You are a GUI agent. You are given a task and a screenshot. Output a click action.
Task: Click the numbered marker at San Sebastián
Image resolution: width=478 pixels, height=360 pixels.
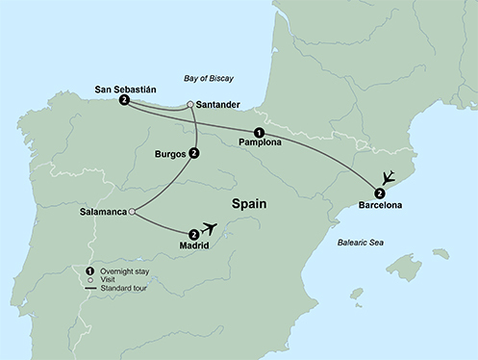click(124, 100)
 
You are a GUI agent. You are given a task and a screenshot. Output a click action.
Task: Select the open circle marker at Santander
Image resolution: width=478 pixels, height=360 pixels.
click(190, 105)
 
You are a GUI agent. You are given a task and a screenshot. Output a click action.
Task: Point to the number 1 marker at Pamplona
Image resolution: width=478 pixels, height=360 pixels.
click(259, 132)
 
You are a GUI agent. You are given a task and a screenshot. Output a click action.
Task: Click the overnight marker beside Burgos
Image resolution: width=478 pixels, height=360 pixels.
click(194, 152)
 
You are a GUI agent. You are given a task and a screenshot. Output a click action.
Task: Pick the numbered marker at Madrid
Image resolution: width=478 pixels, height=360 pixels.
click(194, 233)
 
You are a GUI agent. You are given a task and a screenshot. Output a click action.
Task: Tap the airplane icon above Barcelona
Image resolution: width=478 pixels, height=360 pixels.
click(388, 177)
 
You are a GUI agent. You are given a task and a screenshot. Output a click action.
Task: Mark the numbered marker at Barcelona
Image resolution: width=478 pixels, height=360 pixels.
click(380, 193)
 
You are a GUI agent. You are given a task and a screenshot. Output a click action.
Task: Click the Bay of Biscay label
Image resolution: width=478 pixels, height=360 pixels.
click(209, 76)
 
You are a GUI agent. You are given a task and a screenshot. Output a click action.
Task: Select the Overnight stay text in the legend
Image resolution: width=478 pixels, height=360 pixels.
click(126, 271)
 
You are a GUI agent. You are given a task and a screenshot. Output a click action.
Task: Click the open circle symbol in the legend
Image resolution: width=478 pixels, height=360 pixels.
click(89, 280)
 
